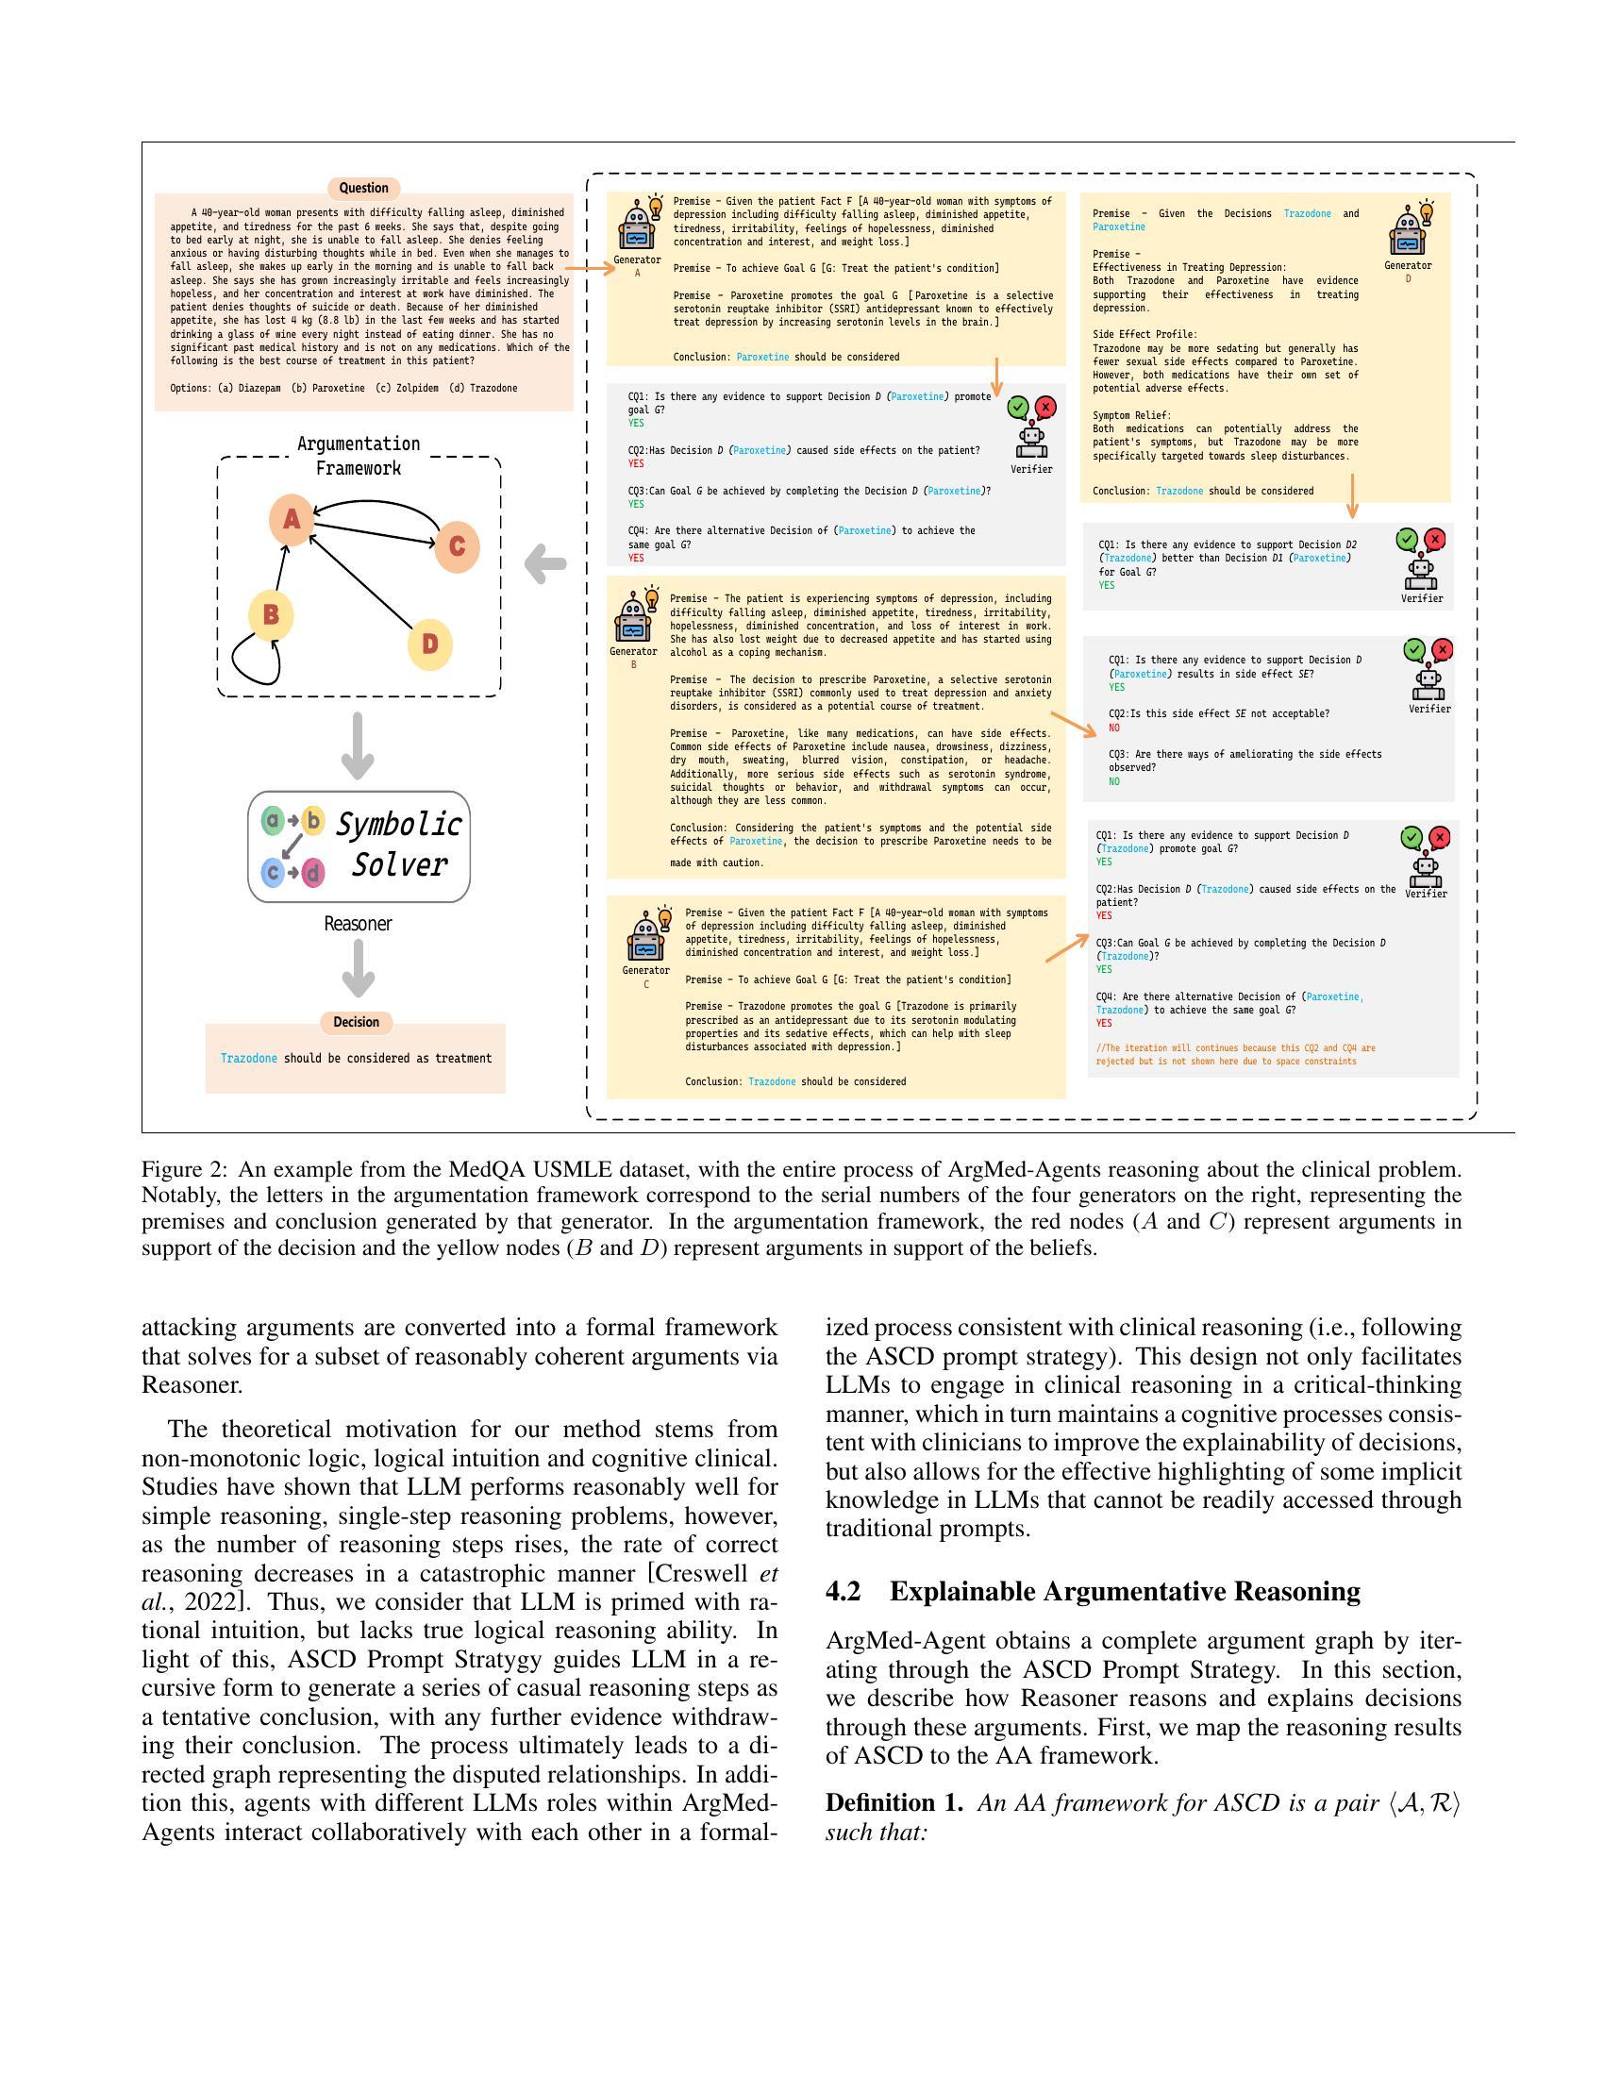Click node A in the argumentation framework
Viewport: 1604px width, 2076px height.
tap(291, 520)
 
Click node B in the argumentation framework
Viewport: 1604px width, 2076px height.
tap(271, 615)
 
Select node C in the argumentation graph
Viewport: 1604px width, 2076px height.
tap(456, 546)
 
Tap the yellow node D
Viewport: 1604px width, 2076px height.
tap(429, 645)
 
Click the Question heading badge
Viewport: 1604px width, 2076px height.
tap(364, 188)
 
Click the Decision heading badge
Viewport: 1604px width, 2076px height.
tap(357, 1022)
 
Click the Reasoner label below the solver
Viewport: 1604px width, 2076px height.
tap(358, 924)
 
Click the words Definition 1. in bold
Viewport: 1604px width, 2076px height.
tap(894, 1803)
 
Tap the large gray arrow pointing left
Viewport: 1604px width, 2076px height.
tap(545, 563)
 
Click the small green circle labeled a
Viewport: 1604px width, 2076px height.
tap(273, 820)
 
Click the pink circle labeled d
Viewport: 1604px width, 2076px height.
tap(312, 873)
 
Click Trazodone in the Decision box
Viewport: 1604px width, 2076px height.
tap(249, 1059)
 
